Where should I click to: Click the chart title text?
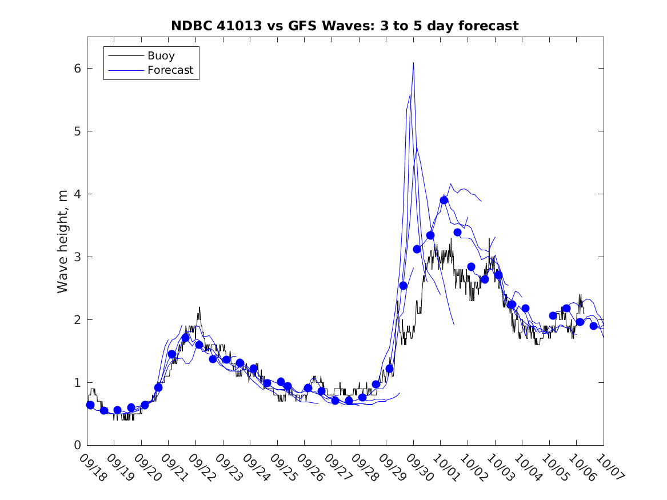[x=345, y=26]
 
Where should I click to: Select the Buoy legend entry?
[x=161, y=56]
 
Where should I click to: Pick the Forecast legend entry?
[x=170, y=71]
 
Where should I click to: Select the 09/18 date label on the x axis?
[x=93, y=467]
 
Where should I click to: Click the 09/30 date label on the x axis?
[x=419, y=467]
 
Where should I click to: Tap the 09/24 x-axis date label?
[x=255, y=467]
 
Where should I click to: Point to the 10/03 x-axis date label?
[x=500, y=467]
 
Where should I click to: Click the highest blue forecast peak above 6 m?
[x=413, y=63]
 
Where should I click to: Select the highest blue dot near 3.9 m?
[x=444, y=200]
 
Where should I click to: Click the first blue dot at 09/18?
[x=90, y=405]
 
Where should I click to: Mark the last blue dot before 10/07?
[x=593, y=326]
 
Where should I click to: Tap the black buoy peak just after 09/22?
[x=199, y=307]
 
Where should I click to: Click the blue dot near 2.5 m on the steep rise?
[x=403, y=286]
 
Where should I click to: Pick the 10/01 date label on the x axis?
[x=446, y=467]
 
